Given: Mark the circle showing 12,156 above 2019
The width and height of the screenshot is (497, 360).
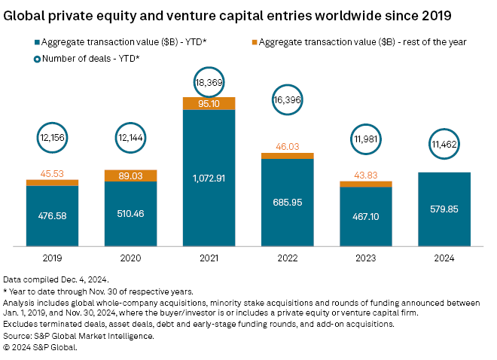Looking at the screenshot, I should click(x=54, y=138).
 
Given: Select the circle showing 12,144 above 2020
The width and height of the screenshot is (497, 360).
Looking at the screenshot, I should click(x=133, y=138).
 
